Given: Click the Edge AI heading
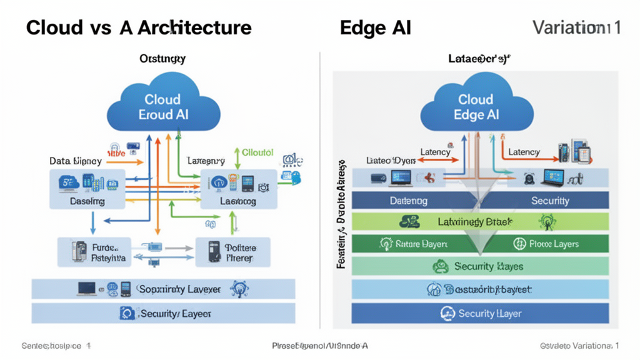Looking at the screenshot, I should click(x=376, y=27).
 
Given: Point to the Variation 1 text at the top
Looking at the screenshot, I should click(x=576, y=27).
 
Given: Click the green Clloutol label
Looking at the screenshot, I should click(x=257, y=152).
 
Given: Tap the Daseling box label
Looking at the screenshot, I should click(x=87, y=202).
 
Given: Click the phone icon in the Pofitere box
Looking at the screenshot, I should click(x=214, y=251).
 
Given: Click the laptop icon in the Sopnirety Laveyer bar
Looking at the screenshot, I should click(x=86, y=289).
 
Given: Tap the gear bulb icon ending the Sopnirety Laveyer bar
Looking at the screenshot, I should click(x=239, y=289).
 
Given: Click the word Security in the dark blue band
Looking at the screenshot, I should click(x=549, y=201).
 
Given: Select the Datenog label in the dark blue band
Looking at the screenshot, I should click(x=408, y=201).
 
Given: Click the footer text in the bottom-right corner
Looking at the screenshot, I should click(x=579, y=346).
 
